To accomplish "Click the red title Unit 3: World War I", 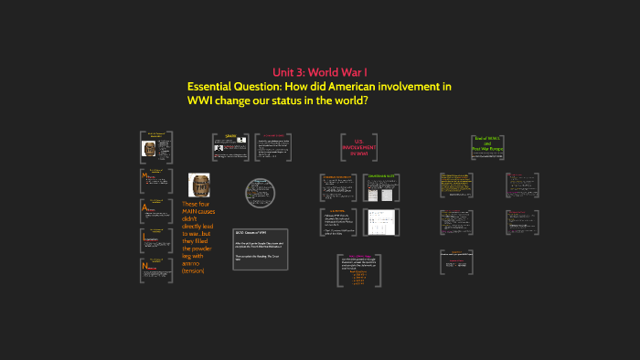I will [319, 71].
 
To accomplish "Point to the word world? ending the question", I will [348, 100].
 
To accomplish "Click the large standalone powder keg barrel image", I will [199, 185].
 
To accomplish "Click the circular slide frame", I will [260, 193].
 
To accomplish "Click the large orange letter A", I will [144, 209].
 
